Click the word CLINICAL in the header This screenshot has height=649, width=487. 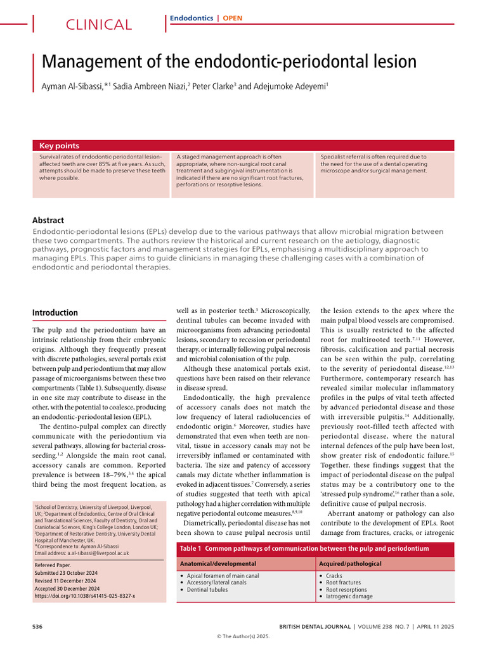point(99,25)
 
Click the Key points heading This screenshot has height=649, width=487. point(60,146)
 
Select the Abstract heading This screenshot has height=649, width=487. point(48,221)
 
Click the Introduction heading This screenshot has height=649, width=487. point(55,312)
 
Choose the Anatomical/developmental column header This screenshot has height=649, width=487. point(218,563)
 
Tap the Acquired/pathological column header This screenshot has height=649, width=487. point(350,563)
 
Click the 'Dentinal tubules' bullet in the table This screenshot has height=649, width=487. point(207,589)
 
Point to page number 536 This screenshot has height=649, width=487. point(37,627)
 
